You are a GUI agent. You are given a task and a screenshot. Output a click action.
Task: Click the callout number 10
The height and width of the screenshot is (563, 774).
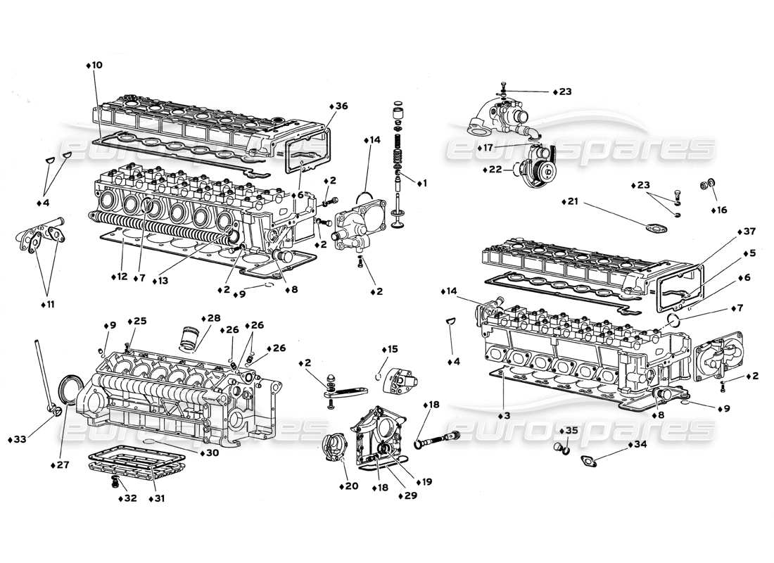click(96, 65)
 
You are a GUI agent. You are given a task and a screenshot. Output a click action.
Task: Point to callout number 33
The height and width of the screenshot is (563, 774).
click(20, 440)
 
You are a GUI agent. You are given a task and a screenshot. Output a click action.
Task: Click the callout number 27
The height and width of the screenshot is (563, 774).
click(63, 466)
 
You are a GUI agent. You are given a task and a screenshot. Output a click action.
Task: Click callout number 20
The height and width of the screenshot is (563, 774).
click(351, 486)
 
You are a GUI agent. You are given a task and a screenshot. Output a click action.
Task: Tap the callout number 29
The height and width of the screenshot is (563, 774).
click(407, 497)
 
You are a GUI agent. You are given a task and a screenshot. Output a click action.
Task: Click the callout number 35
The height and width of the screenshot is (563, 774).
click(571, 429)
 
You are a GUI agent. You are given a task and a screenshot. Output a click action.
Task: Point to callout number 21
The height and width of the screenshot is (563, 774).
click(572, 201)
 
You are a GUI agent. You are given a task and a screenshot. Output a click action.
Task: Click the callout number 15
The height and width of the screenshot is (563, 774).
click(391, 349)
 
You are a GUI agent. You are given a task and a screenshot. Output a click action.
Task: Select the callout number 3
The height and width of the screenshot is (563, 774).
click(505, 416)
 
